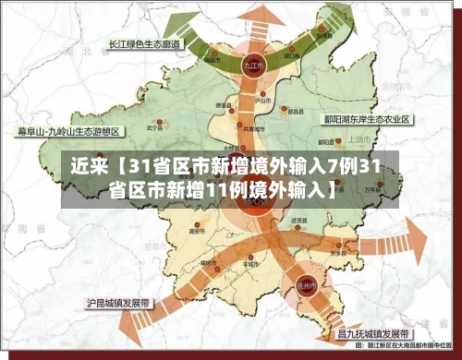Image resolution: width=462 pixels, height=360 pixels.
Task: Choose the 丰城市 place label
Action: pos(246,262)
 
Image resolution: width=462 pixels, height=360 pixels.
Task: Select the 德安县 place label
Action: pos(223,106)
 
